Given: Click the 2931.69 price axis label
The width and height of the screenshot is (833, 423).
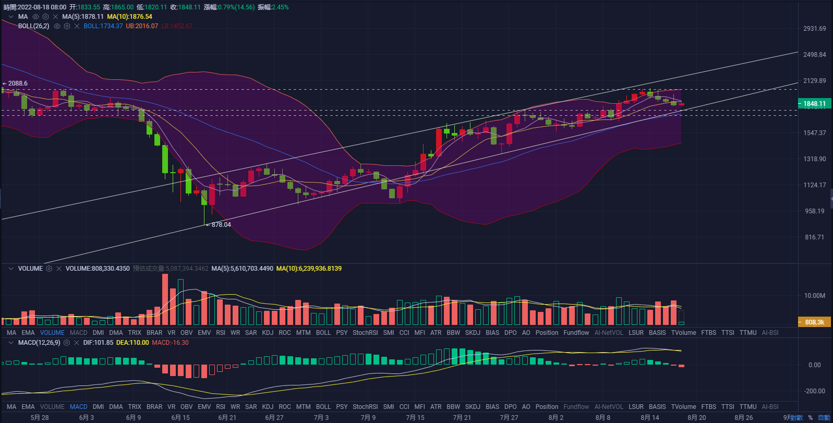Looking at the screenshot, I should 814,29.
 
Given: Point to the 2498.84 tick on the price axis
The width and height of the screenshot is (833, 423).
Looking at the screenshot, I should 814,55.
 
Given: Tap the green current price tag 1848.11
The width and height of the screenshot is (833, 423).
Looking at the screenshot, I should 814,104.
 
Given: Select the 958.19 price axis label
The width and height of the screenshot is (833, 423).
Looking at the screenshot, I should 814,211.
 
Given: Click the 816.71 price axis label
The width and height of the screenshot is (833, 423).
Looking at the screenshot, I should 814,237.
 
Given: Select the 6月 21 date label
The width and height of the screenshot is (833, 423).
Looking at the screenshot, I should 227,418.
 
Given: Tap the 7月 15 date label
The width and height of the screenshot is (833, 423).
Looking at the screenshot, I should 415,418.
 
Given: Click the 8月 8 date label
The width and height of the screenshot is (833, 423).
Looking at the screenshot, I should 602,418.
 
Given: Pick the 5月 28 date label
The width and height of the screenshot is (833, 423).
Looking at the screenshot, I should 40,418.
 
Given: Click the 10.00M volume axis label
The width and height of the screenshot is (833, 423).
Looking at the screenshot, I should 814,296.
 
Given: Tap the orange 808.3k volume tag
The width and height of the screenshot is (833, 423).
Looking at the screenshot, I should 814,322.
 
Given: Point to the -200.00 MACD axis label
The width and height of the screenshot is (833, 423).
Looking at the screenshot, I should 814,391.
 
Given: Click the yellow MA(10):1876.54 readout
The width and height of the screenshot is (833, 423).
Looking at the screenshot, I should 129,17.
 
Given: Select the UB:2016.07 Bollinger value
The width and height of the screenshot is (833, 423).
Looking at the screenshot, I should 142,26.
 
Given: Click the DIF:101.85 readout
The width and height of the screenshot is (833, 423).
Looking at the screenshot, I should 98,343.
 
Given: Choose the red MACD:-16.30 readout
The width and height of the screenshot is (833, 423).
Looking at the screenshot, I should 170,343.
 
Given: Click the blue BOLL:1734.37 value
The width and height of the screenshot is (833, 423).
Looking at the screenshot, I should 103,26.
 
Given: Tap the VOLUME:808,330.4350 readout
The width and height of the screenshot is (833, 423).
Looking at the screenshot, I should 98,269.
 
